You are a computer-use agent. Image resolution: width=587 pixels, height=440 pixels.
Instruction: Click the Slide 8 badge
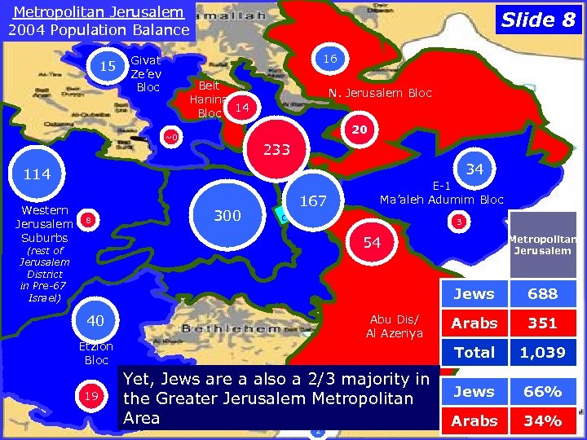coord(538,20)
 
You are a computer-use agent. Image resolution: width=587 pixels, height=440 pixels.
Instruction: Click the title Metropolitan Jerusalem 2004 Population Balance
coord(99,21)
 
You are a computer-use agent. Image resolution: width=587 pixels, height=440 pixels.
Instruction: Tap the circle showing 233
coord(277,150)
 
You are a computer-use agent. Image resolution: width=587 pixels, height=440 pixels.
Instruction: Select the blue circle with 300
coord(227,215)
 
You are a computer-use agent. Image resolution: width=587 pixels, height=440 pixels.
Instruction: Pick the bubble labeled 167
coord(313,200)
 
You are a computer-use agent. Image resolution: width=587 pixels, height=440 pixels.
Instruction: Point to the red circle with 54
coord(372,243)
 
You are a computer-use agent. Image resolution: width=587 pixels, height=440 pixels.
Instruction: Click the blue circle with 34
coord(477,169)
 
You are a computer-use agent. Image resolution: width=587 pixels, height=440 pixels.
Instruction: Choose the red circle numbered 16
coord(329,59)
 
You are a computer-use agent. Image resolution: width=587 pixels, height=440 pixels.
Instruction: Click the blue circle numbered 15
coord(106,66)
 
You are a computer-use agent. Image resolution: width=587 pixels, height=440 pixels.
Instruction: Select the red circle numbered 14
coord(241,106)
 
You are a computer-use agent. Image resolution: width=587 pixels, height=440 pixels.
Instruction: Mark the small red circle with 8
coord(89,221)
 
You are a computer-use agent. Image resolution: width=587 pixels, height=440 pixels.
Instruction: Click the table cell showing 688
coord(542,294)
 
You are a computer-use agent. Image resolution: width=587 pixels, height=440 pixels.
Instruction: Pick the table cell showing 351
coord(542,323)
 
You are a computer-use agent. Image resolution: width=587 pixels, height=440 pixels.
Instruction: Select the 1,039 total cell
coord(542,352)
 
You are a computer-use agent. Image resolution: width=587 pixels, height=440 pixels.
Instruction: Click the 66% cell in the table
coord(542,391)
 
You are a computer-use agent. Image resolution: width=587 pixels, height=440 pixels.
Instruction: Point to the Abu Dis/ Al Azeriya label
coord(394,326)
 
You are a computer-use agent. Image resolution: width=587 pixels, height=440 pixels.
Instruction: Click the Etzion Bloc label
coord(96,353)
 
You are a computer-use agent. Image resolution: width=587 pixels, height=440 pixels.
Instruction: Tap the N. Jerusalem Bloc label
coord(380,93)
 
